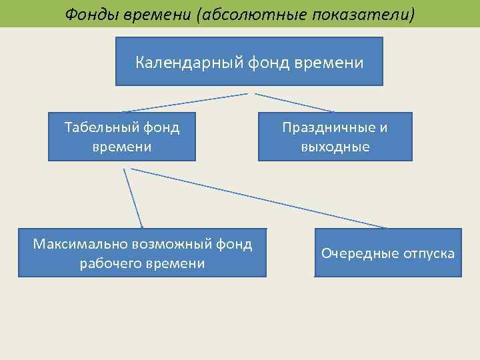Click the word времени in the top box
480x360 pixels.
[x=333, y=63]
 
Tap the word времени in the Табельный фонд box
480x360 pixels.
[x=122, y=146]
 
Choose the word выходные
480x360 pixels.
[x=335, y=146]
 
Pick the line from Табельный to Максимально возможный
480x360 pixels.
[x=133, y=198]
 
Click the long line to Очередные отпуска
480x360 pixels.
[x=260, y=198]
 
